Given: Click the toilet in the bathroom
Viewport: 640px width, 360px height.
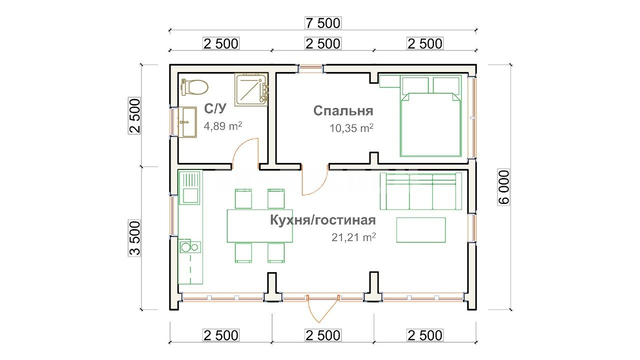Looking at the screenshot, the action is (194, 87).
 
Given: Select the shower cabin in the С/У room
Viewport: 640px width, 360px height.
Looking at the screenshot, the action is (251, 89).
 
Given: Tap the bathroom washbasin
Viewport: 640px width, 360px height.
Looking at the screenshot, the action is (187, 122).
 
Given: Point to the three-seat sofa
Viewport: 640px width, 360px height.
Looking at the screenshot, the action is (421, 191).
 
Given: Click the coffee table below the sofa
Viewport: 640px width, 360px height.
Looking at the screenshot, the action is (421, 230).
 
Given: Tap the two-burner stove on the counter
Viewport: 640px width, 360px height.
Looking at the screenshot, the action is (190, 247).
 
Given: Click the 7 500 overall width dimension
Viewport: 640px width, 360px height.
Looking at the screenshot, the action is (323, 23).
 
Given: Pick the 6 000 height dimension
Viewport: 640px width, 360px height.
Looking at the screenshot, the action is (503, 187).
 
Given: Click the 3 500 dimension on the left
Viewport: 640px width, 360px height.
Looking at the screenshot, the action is (134, 238).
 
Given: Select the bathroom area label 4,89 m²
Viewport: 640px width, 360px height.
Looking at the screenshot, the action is (223, 126).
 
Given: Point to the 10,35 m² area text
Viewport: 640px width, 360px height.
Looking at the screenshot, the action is (351, 128).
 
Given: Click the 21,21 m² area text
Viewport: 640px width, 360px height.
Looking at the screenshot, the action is (353, 237).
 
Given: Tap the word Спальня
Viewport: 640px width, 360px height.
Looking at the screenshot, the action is (343, 111).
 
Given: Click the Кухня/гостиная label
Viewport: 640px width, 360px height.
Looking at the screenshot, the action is (323, 220).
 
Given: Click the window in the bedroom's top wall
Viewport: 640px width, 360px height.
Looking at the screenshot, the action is (311, 68).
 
